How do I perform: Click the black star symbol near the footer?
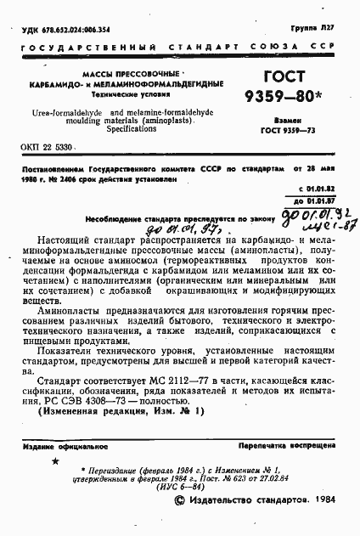[57, 461]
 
